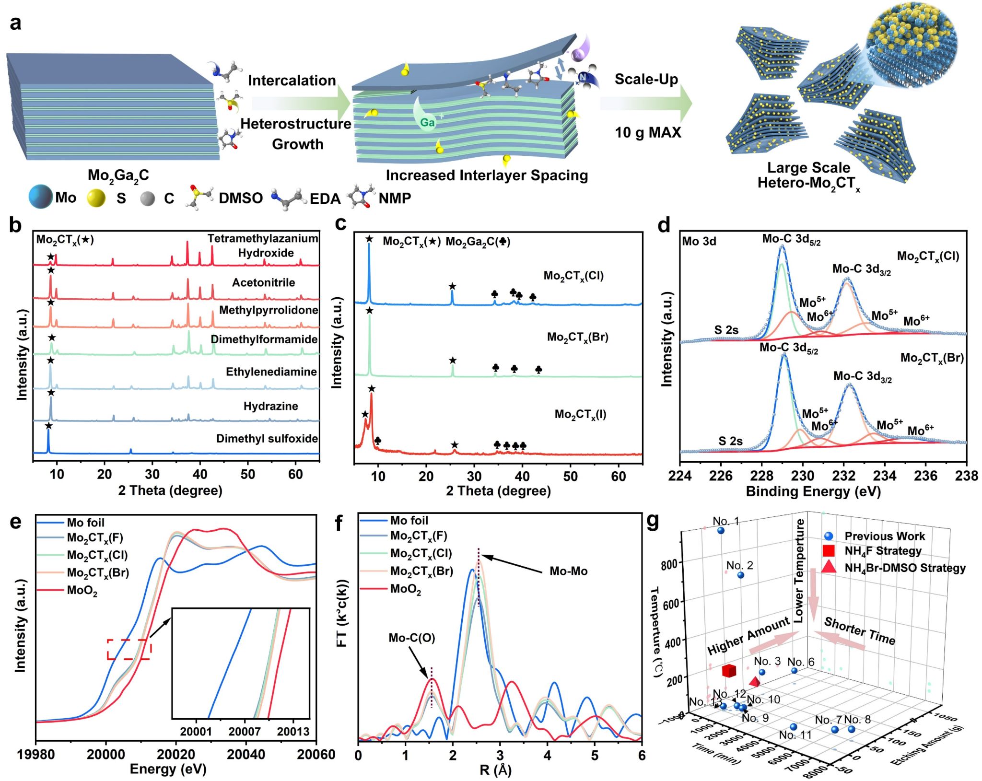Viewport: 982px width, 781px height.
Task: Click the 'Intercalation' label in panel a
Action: pos(292,80)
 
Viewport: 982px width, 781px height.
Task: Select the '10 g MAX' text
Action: pos(648,132)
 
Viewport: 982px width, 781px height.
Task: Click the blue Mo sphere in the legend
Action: pos(40,197)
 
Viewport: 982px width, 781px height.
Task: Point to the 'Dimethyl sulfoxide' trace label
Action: pos(267,438)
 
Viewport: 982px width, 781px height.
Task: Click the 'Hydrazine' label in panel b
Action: pos(270,406)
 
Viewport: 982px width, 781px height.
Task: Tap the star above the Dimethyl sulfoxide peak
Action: pos(48,426)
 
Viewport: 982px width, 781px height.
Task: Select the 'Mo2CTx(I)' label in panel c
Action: pos(580,414)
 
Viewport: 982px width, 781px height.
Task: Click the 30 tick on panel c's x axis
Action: pos(474,476)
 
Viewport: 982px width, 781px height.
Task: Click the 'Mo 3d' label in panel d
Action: pos(699,241)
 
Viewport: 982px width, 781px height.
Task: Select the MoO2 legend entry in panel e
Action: pos(82,590)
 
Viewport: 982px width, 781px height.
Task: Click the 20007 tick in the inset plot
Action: pos(245,731)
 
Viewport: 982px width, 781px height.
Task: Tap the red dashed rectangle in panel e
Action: pos(129,649)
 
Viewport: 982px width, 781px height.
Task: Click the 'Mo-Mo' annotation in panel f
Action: pos(568,571)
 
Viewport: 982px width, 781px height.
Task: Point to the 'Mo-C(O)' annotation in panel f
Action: pos(411,638)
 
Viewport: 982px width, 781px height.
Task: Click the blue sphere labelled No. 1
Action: pos(721,531)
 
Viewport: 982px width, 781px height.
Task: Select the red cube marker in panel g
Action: pos(729,670)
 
